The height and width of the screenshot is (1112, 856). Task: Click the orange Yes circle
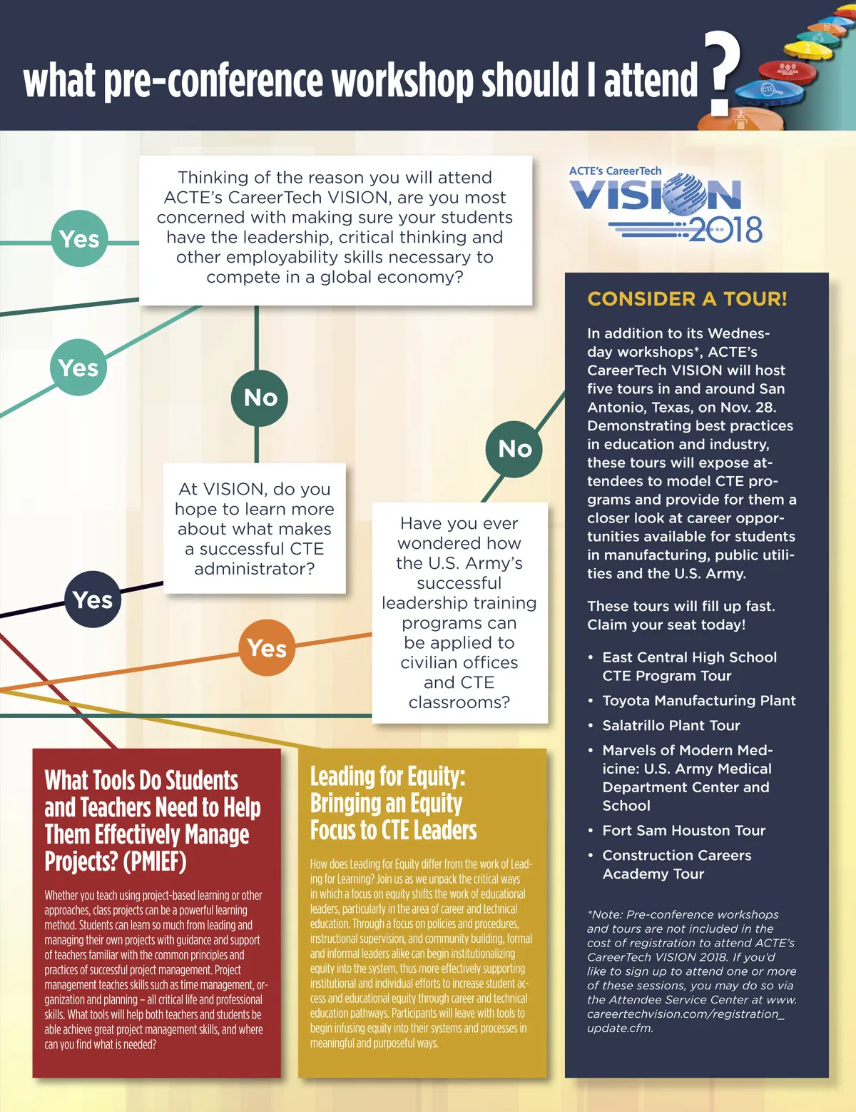pos(267,647)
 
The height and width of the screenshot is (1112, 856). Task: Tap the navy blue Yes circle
pos(93,600)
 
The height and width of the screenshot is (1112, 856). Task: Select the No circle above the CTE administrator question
pos(260,398)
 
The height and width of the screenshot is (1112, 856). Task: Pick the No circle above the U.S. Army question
pos(514,449)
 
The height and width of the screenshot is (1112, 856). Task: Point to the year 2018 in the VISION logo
pos(726,230)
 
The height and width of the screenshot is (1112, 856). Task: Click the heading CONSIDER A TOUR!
pos(687,299)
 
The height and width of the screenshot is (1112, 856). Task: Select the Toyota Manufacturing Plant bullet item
pos(698,701)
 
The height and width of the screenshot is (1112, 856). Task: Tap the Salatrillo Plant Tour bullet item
pos(671,726)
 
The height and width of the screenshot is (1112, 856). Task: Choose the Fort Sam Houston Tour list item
pos(683,831)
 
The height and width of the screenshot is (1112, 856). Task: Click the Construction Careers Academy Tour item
pos(676,864)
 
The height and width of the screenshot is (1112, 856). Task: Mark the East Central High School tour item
pos(689,667)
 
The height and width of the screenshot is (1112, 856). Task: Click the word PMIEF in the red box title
pos(155,861)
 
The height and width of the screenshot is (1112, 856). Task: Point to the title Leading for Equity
pos(387,777)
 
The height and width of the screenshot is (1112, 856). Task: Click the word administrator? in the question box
pos(254,569)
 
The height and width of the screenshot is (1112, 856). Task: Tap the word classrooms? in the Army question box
pos(459,702)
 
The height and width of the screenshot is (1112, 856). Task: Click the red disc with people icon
pos(787,70)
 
